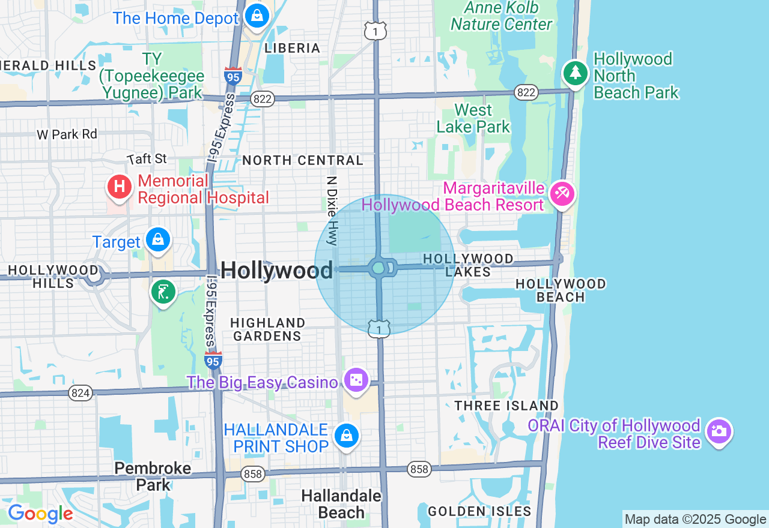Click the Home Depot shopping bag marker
[x=257, y=15]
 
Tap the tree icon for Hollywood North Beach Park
[x=576, y=73]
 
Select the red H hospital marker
[x=120, y=185]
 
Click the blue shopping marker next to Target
[x=157, y=239]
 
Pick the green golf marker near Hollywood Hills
[x=162, y=292]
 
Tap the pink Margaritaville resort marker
[x=562, y=193]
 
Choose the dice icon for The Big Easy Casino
[x=356, y=380]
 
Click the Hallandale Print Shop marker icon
[x=347, y=436]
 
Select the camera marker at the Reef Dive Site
[x=719, y=431]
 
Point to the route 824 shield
[x=80, y=393]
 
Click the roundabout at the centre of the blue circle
[x=379, y=268]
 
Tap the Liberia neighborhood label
[x=293, y=48]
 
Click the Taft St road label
[x=147, y=159]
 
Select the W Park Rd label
[x=67, y=134]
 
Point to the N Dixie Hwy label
[x=332, y=210]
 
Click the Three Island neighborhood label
[x=506, y=406]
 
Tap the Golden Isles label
[x=479, y=511]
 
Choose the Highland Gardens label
[x=267, y=329]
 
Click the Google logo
[x=40, y=514]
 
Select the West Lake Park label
[x=473, y=118]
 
